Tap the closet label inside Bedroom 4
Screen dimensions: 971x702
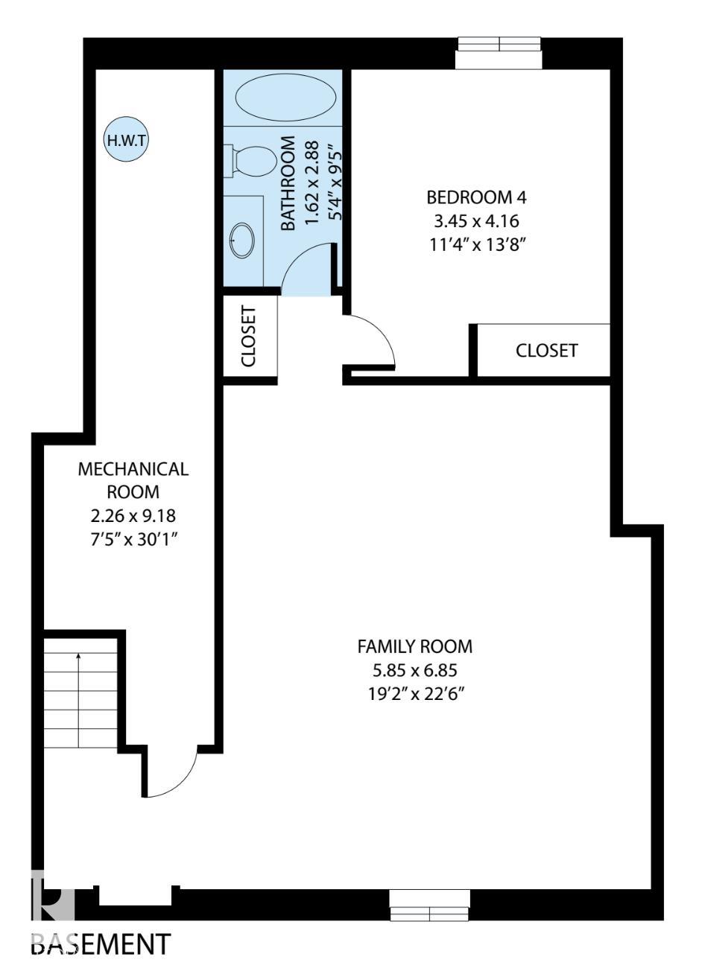(x=546, y=351)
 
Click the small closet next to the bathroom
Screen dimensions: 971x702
(x=250, y=337)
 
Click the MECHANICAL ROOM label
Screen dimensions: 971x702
(x=133, y=480)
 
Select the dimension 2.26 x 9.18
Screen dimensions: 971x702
(x=133, y=515)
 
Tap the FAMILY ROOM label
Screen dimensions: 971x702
(x=415, y=646)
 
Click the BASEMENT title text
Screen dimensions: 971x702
(x=101, y=943)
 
